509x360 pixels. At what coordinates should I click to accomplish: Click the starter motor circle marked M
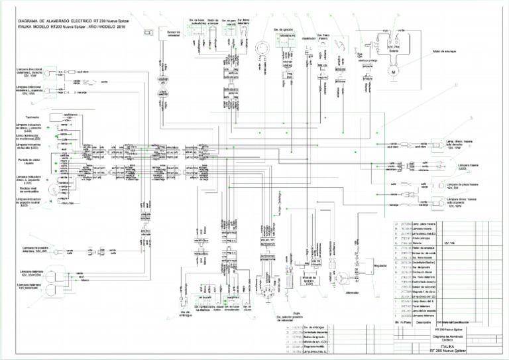point(392,72)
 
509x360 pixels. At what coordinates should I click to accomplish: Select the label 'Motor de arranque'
point(446,50)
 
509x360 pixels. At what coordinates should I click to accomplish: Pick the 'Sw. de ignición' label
point(282,30)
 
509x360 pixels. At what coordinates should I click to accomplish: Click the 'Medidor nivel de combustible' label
point(29,190)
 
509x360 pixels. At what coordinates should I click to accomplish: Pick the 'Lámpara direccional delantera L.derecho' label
point(32,72)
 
